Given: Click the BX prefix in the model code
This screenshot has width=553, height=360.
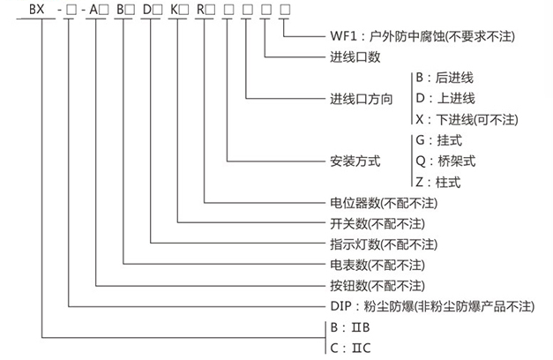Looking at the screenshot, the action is (37, 9).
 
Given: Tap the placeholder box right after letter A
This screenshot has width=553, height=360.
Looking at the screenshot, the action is (104, 10).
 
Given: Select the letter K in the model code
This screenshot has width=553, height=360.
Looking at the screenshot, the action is (174, 10).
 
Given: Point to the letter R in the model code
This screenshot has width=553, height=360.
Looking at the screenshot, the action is (200, 10).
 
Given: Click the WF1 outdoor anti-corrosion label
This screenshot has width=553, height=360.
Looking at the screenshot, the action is (422, 36).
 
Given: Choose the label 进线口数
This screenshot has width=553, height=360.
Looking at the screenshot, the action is (355, 56).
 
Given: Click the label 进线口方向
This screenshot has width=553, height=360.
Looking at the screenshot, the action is (361, 99).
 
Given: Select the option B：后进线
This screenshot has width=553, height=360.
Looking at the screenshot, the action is (445, 78).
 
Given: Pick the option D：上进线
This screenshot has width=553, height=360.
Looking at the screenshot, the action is (445, 98).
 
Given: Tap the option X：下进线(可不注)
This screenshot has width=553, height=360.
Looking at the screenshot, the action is (467, 120).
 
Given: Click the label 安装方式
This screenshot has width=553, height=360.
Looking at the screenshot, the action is (355, 161).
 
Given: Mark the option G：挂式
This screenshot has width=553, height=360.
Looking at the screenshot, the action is (438, 140).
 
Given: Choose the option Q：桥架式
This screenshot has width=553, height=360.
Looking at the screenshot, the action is (445, 161).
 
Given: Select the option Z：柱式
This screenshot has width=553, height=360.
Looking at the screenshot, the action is (438, 182).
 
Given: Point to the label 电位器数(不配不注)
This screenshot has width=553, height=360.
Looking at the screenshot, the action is (384, 203).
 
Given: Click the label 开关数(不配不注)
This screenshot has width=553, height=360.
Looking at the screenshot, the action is (377, 224).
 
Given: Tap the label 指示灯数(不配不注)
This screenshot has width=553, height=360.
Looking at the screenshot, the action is (384, 244).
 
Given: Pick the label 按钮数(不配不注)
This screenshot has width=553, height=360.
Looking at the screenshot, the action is (377, 286).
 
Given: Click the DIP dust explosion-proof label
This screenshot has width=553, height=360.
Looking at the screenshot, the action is (432, 306).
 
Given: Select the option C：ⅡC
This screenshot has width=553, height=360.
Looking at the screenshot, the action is (350, 348).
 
